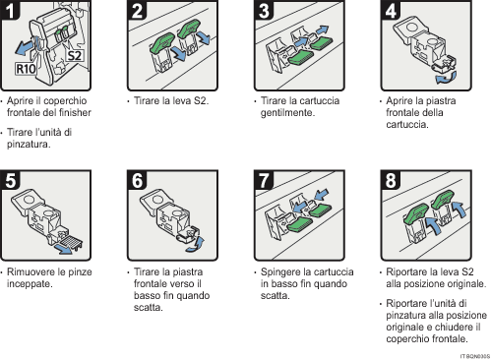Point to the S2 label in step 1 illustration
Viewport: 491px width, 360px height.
tap(73, 56)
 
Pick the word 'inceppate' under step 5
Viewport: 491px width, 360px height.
tap(31, 283)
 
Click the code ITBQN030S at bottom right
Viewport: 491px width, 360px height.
tap(473, 353)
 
